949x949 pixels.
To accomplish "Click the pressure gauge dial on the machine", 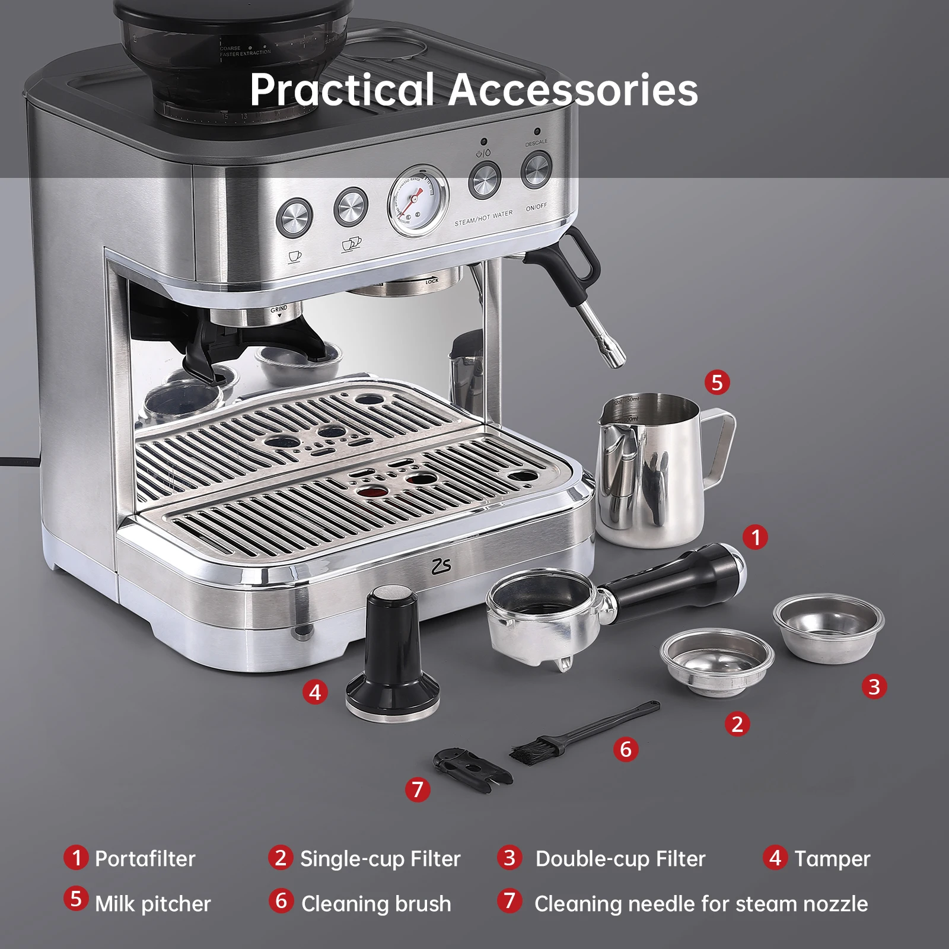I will [x=418, y=200].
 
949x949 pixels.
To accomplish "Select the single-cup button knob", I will [x=295, y=217].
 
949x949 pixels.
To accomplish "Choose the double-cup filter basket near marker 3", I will [x=828, y=628].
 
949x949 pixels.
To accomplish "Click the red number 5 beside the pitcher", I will [x=717, y=383].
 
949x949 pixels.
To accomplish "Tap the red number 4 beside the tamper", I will [x=315, y=692].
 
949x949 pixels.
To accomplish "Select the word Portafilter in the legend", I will [x=145, y=859].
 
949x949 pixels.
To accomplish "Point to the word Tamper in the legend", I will [x=832, y=859].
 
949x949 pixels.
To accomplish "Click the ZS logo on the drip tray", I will [x=441, y=566].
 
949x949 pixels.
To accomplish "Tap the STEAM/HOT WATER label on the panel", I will [x=483, y=218].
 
